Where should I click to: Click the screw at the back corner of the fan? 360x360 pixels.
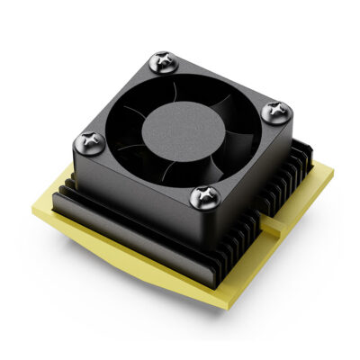pyautogui.click(x=162, y=60)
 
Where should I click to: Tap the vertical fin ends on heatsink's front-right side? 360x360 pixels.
pyautogui.click(x=261, y=229)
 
